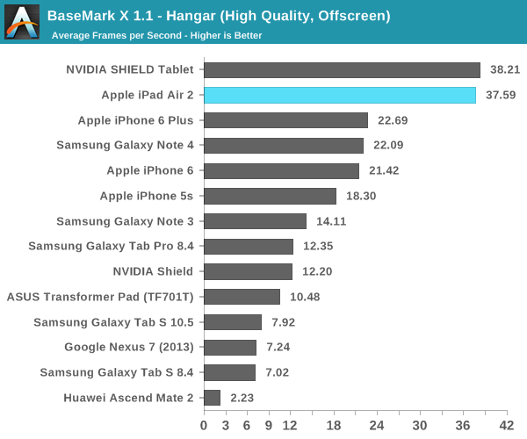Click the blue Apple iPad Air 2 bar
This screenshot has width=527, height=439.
pos(339,96)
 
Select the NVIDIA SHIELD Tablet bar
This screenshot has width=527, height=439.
pos(342,70)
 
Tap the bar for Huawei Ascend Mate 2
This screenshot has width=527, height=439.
pos(212,398)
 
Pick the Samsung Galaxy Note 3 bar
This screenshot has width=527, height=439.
pos(255,221)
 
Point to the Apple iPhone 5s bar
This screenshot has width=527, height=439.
pos(270,196)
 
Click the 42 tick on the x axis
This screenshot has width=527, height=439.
pos(506,424)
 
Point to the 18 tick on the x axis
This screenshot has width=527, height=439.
pos(333,424)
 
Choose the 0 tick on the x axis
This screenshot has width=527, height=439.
pos(204,424)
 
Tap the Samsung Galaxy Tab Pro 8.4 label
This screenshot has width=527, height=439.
pos(111,247)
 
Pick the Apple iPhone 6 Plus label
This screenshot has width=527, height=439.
pos(135,120)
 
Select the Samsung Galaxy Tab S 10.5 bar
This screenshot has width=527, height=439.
pos(233,322)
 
